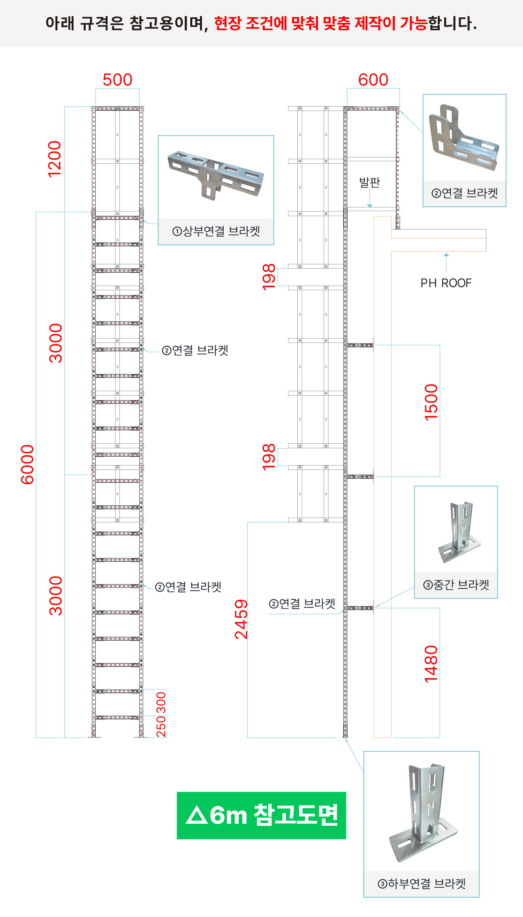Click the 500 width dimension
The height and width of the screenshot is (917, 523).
(117, 80)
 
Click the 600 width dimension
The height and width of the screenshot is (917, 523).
(373, 80)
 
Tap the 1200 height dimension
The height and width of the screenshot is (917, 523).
(55, 159)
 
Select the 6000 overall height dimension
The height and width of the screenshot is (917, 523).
(27, 464)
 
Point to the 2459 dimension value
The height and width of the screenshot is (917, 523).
(241, 619)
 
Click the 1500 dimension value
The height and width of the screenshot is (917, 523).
(431, 402)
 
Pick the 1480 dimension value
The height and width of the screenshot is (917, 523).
(431, 664)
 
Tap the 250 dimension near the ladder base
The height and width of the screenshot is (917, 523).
(161, 726)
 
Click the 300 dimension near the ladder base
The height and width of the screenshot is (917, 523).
(161, 702)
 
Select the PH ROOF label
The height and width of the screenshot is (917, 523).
(446, 283)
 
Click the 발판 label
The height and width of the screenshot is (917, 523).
(370, 183)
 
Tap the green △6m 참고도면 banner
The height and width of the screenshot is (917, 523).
(261, 816)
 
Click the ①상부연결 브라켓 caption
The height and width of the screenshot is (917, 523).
(216, 231)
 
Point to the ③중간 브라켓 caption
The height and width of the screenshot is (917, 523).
(456, 585)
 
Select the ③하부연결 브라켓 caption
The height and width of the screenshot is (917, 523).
(422, 884)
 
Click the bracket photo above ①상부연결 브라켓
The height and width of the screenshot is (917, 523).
(216, 174)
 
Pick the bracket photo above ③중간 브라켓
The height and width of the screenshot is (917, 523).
(459, 531)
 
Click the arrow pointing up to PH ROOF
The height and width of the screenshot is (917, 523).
(446, 262)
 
